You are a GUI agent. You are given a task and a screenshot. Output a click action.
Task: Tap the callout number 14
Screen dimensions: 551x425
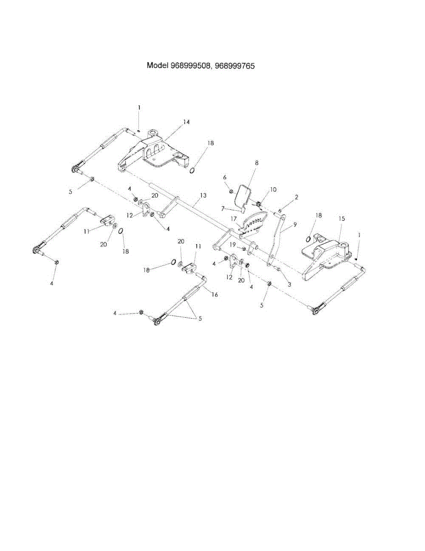186,122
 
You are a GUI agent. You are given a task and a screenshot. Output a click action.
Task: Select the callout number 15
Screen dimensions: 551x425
341,219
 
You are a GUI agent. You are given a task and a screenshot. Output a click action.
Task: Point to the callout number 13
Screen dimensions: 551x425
203,195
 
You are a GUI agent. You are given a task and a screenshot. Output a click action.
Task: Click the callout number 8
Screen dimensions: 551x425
256,163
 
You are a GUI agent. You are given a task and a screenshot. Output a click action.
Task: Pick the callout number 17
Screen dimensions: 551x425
234,219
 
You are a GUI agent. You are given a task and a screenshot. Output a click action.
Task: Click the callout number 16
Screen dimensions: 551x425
214,295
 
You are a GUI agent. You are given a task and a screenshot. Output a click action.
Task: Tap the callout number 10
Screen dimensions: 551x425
273,189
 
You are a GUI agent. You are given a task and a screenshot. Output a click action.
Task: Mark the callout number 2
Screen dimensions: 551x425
296,197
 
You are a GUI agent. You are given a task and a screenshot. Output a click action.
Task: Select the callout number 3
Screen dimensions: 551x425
289,285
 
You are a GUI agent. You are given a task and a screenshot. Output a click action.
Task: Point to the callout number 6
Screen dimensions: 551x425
225,177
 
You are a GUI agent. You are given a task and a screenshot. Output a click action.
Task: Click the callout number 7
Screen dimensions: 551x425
222,208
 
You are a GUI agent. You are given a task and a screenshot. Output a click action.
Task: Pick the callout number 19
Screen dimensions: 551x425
232,244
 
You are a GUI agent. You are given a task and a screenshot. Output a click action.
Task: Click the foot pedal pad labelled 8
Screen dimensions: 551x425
244,196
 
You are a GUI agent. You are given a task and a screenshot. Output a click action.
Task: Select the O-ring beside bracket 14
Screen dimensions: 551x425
193,171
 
